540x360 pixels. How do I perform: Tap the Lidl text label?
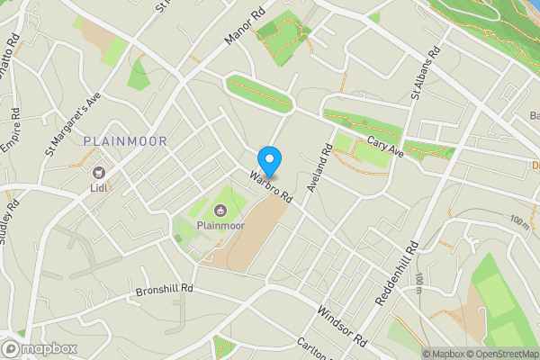[99, 188]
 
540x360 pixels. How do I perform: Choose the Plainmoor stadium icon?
[220, 211]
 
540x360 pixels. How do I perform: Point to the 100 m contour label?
[520, 220]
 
